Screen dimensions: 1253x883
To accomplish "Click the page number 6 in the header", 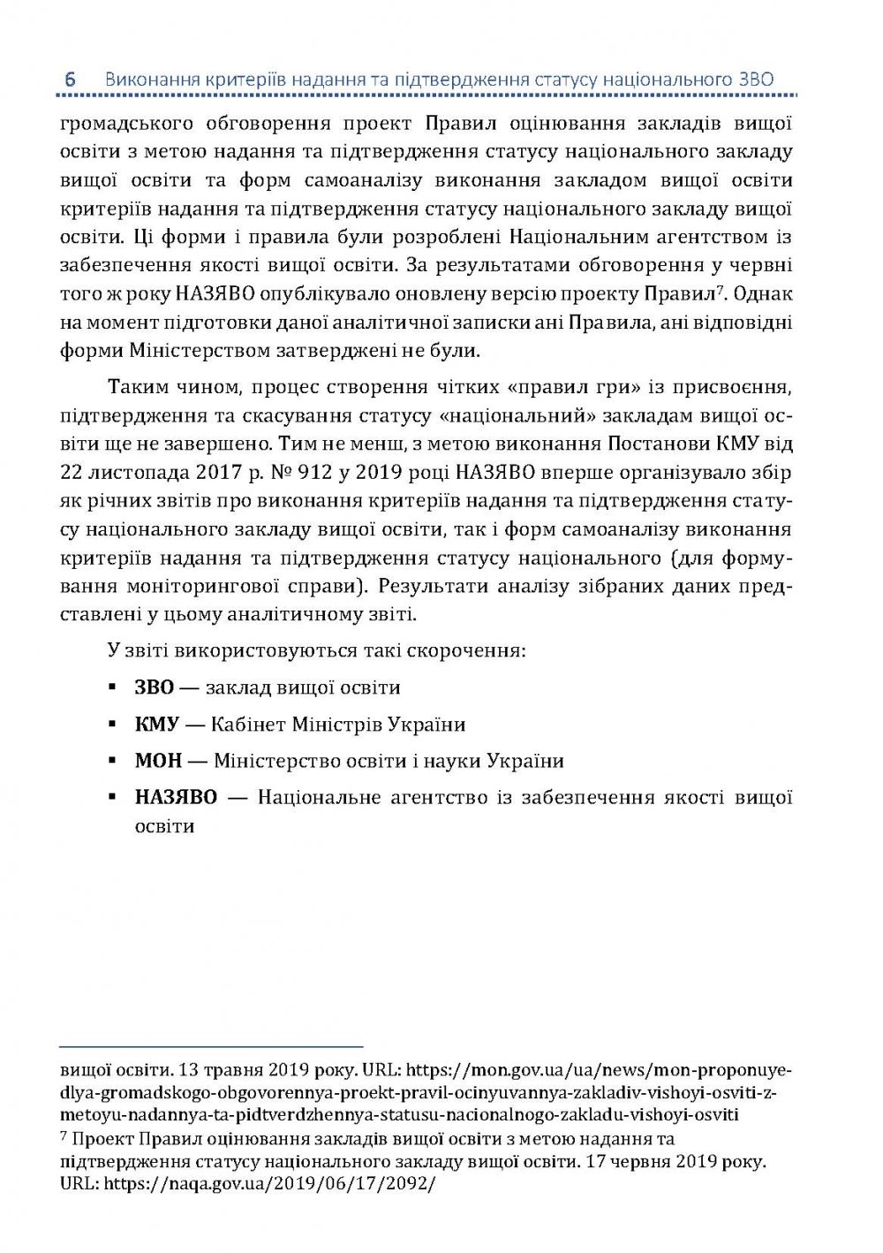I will pyautogui.click(x=71, y=80).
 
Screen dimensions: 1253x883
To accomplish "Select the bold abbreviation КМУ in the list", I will pyautogui.click(x=157, y=725).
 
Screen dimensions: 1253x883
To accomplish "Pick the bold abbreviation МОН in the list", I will pyautogui.click(x=158, y=761).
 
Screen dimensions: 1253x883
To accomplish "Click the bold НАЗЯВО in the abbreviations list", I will pyautogui.click(x=176, y=797).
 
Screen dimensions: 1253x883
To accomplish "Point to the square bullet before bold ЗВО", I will pyautogui.click(x=112, y=687).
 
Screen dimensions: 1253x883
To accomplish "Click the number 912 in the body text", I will pyautogui.click(x=317, y=471).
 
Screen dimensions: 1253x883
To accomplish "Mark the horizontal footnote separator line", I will pyautogui.click(x=212, y=1046).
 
